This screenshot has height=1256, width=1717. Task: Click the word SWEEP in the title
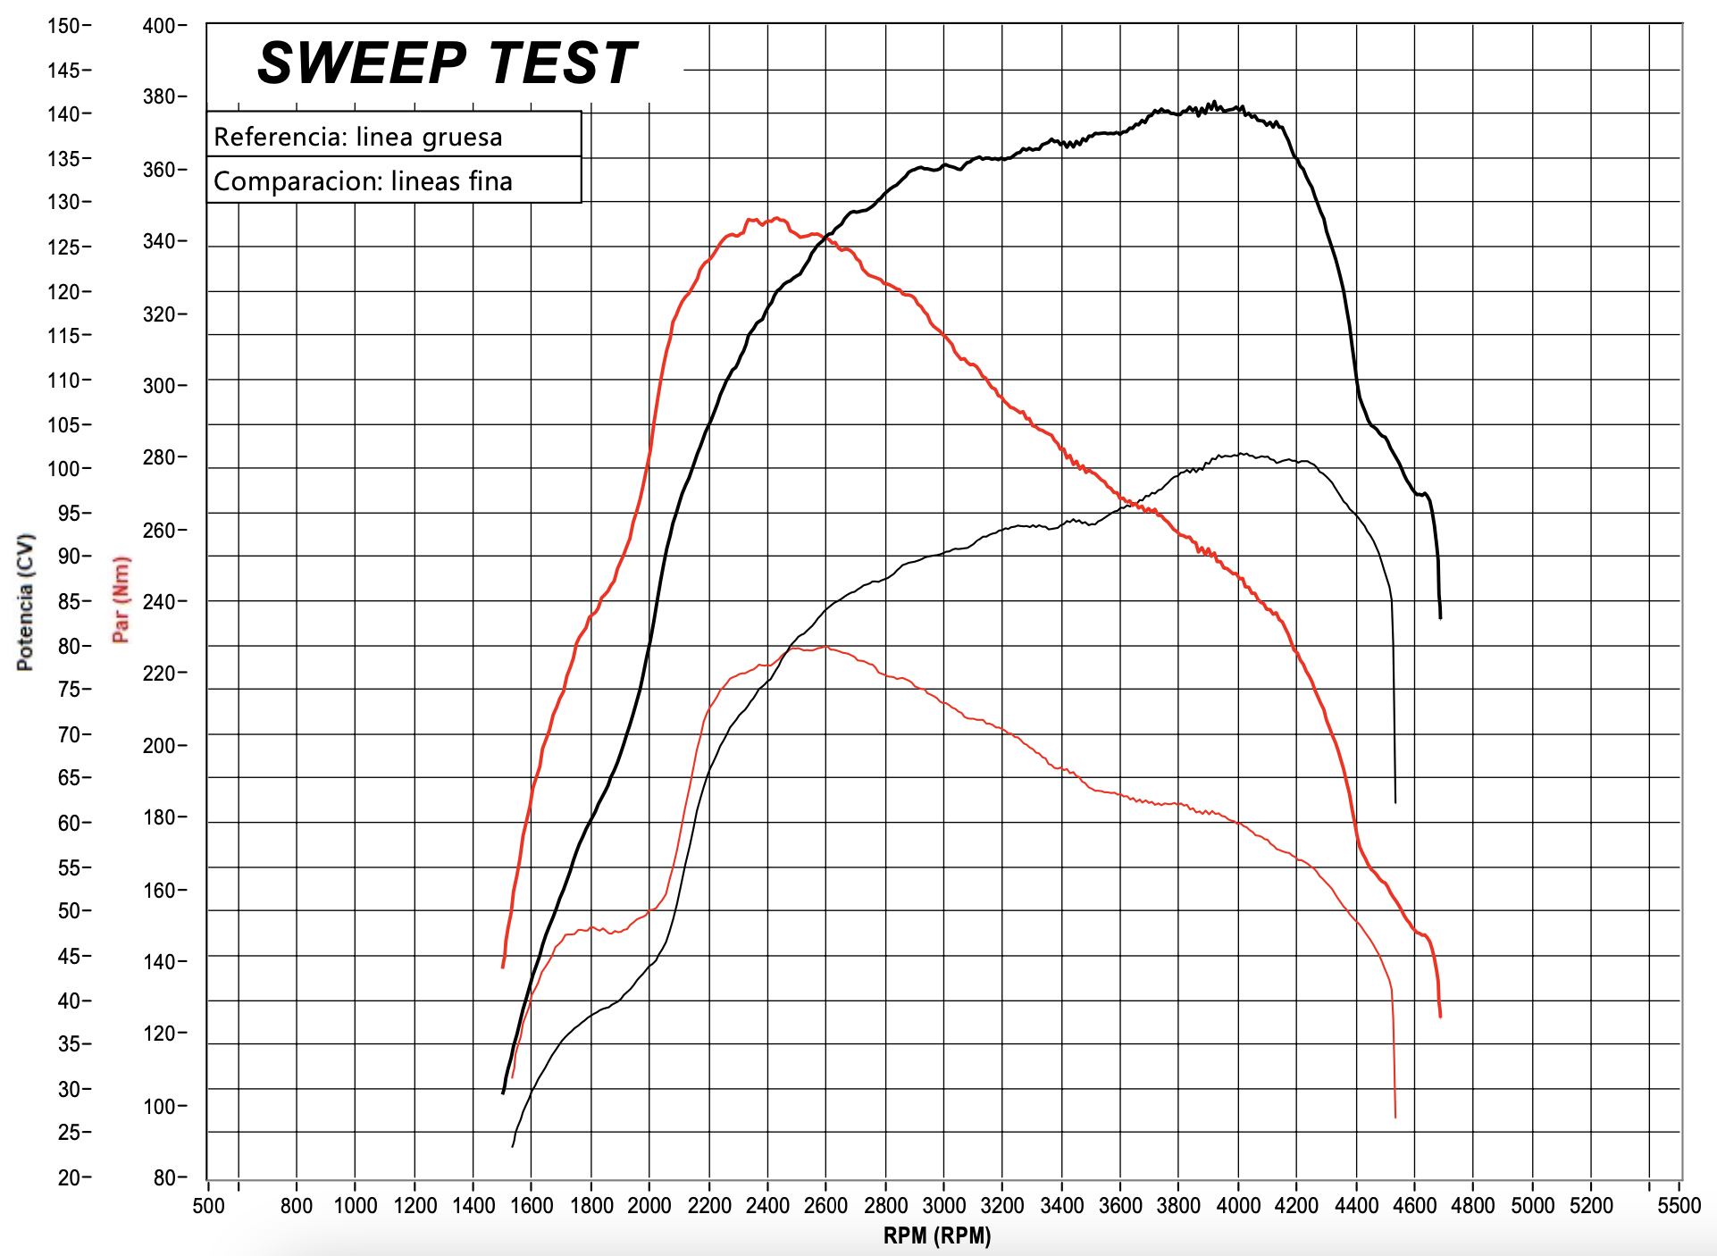pyautogui.click(x=362, y=64)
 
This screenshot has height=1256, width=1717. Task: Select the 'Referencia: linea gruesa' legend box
pyautogui.click(x=394, y=136)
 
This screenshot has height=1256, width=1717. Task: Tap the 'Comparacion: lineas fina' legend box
pyautogui.click(x=394, y=180)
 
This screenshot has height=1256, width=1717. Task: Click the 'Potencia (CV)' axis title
pyautogui.click(x=26, y=601)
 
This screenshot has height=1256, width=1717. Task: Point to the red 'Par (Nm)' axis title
pyautogui.click(x=121, y=599)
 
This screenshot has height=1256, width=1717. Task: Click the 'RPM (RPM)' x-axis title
pyautogui.click(x=937, y=1235)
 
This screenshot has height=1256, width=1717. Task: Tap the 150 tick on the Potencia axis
pyautogui.click(x=63, y=26)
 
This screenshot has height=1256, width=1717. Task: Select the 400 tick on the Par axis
pyautogui.click(x=159, y=26)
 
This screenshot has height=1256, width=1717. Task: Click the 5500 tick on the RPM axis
pyautogui.click(x=1679, y=1205)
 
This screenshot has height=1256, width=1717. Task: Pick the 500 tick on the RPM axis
pyautogui.click(x=208, y=1205)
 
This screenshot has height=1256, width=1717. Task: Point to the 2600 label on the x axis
pyautogui.click(x=825, y=1205)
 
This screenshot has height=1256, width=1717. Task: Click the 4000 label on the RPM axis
pyautogui.click(x=1238, y=1205)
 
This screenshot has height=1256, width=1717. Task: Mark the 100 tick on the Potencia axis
pyautogui.click(x=63, y=468)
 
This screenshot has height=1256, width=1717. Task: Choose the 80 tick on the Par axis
pyautogui.click(x=164, y=1177)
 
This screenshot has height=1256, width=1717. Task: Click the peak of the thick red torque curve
pyautogui.click(x=777, y=218)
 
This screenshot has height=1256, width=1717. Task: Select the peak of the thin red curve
pyautogui.click(x=824, y=647)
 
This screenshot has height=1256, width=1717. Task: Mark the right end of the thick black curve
pyautogui.click(x=1440, y=616)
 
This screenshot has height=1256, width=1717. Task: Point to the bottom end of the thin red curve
pyautogui.click(x=1395, y=1117)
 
